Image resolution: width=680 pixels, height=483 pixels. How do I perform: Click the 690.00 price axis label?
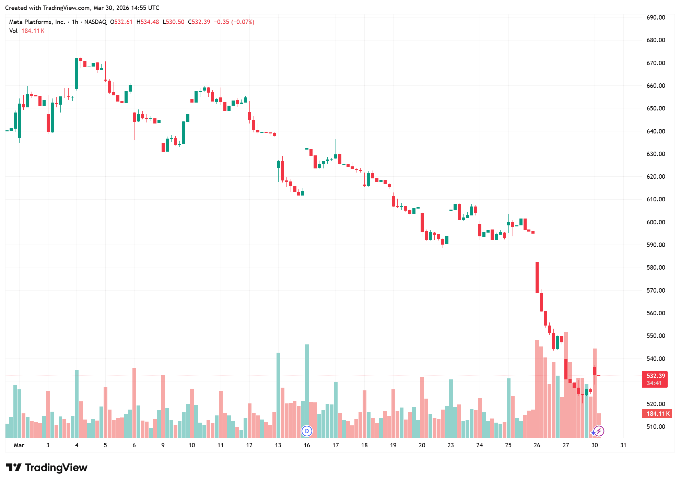(655, 17)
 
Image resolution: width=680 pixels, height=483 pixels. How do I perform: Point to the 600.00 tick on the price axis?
(655, 222)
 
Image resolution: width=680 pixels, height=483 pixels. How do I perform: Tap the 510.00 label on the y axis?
(655, 427)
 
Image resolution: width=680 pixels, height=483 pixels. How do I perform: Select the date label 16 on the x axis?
(307, 445)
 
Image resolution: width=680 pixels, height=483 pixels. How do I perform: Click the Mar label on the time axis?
(19, 445)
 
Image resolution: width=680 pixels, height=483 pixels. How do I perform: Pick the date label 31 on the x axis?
(623, 445)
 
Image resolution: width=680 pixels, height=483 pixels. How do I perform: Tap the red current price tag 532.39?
(655, 376)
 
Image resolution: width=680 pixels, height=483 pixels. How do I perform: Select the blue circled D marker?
(307, 431)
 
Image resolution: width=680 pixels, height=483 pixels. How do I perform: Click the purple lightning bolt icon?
(599, 431)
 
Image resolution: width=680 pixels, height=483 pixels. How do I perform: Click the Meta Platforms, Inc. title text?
(37, 22)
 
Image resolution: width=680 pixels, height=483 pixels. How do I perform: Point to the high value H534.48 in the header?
(148, 22)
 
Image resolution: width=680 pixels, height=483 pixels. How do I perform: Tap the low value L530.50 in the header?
(173, 22)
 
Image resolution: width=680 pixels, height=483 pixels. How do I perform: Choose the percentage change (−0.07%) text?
(243, 22)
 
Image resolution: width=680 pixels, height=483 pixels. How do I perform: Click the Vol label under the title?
(13, 31)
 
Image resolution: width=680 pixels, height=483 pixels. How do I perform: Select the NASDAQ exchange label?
(95, 22)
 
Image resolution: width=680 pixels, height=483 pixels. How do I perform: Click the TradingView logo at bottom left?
(47, 468)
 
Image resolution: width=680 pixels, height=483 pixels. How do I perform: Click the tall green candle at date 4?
(77, 74)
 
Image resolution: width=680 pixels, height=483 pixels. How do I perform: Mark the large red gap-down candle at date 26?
(537, 277)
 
